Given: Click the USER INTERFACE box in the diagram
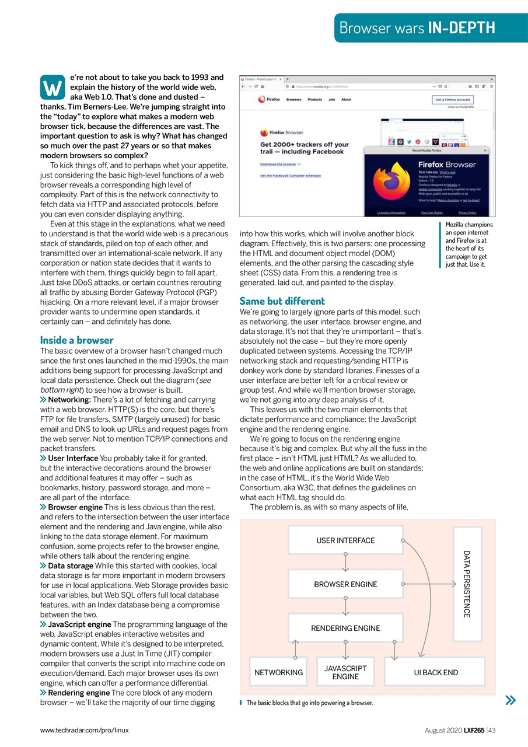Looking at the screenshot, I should coord(345,540).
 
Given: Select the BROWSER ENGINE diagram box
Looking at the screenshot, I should coord(345,584).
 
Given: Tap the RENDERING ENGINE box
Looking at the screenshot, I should coord(345,628).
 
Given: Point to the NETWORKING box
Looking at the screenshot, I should coord(278,672).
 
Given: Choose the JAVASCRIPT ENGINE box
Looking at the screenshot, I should coord(345,672).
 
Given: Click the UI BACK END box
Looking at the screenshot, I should coord(436,672).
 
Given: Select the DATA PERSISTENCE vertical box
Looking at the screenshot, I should coord(467,584).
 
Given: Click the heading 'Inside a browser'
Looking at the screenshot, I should coord(77,340).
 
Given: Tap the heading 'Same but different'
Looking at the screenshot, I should coord(282,301).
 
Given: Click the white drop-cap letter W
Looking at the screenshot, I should coord(53,88).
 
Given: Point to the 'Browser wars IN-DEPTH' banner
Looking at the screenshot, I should coord(417,27).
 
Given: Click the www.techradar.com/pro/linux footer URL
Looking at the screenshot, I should coord(85,729).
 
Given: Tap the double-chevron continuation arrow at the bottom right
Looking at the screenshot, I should coord(510,700).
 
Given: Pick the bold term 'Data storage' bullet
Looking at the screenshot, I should coord(71,566).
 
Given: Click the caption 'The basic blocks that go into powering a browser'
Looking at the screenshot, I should coord(309,703).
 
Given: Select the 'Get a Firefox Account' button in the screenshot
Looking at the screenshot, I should coord(453,100).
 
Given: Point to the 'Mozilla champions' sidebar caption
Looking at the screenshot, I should coord(468,225).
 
